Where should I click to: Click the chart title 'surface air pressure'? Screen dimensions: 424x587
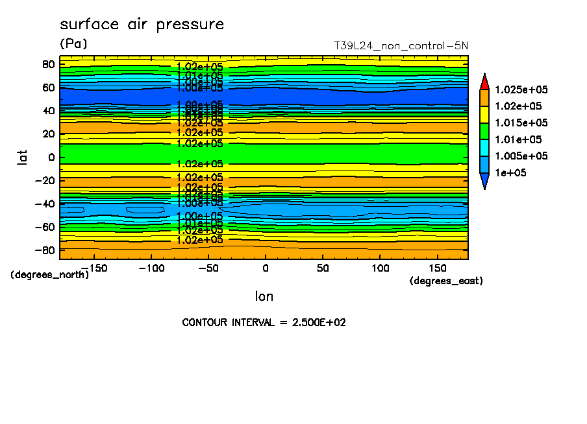[x=142, y=25]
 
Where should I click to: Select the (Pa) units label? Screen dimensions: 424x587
[x=73, y=44]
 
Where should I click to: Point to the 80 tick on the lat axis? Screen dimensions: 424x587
[x=48, y=64]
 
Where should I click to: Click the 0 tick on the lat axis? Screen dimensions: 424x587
[x=51, y=157]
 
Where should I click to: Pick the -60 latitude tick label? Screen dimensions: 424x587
[x=45, y=227]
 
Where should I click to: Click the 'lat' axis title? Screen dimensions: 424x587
[x=21, y=157]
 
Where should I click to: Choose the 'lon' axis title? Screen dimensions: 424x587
[x=264, y=297]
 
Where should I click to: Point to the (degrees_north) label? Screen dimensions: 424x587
[x=50, y=274]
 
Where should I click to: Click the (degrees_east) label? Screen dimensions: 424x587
[x=446, y=281]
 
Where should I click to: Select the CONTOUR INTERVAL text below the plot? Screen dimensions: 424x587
[x=264, y=322]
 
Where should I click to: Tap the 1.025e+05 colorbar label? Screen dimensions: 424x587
[x=521, y=89]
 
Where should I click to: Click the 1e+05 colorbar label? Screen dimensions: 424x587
[x=510, y=173]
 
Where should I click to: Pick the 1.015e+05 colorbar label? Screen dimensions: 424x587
[x=521, y=123]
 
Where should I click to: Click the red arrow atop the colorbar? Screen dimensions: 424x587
[x=484, y=81]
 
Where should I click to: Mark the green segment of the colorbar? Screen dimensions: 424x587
[x=484, y=131]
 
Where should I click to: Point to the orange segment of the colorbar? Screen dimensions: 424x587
[x=484, y=97]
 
